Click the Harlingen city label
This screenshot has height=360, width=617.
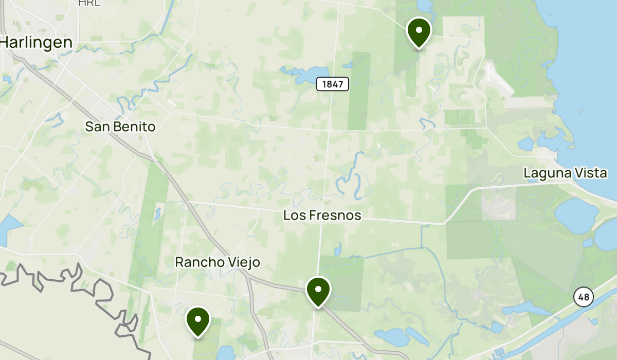click(x=36, y=42)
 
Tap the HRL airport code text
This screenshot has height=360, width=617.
click(x=89, y=3)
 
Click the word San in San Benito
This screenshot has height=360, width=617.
click(x=96, y=127)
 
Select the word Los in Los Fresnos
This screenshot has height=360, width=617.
click(x=294, y=215)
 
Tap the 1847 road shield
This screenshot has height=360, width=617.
click(x=333, y=84)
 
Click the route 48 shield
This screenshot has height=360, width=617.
click(x=584, y=297)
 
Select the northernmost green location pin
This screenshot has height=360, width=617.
click(x=419, y=32)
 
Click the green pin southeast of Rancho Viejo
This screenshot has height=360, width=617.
click(x=318, y=291)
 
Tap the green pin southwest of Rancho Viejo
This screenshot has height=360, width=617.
click(x=197, y=320)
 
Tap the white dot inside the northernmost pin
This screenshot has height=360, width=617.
click(x=419, y=30)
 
